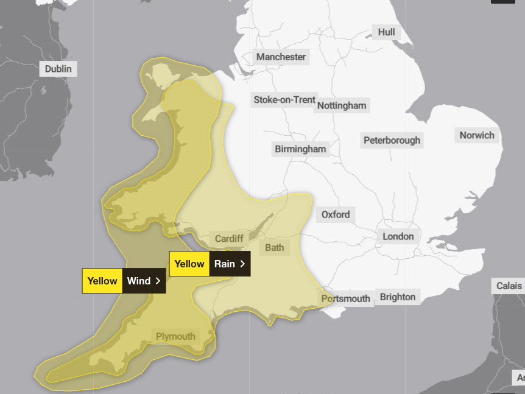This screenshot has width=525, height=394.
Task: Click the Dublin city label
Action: (x=58, y=69)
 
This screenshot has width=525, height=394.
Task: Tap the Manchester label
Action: (x=281, y=57)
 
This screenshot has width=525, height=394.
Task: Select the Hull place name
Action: (x=386, y=32)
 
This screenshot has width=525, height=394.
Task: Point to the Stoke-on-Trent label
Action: (x=284, y=100)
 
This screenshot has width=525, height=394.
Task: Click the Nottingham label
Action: (x=341, y=105)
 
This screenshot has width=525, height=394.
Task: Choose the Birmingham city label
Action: (x=300, y=149)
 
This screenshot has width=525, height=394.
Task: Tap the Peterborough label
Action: (x=392, y=140)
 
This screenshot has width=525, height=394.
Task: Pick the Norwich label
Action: (x=477, y=135)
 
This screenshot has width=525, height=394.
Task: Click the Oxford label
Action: (x=336, y=214)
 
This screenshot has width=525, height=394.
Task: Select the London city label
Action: (x=398, y=236)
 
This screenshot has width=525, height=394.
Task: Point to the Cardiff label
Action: (x=229, y=239)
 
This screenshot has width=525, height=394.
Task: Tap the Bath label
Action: (x=274, y=248)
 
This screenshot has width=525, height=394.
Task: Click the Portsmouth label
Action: (x=345, y=298)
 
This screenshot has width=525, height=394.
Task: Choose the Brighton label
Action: (x=397, y=297)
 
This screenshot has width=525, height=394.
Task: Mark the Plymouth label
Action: (x=175, y=336)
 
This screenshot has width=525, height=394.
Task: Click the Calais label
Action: (x=509, y=286)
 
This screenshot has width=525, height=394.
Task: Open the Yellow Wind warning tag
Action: (x=124, y=281)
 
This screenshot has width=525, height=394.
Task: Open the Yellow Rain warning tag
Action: (x=210, y=264)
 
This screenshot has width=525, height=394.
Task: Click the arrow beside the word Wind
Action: (x=158, y=281)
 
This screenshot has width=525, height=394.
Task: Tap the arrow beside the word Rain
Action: (x=242, y=264)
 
